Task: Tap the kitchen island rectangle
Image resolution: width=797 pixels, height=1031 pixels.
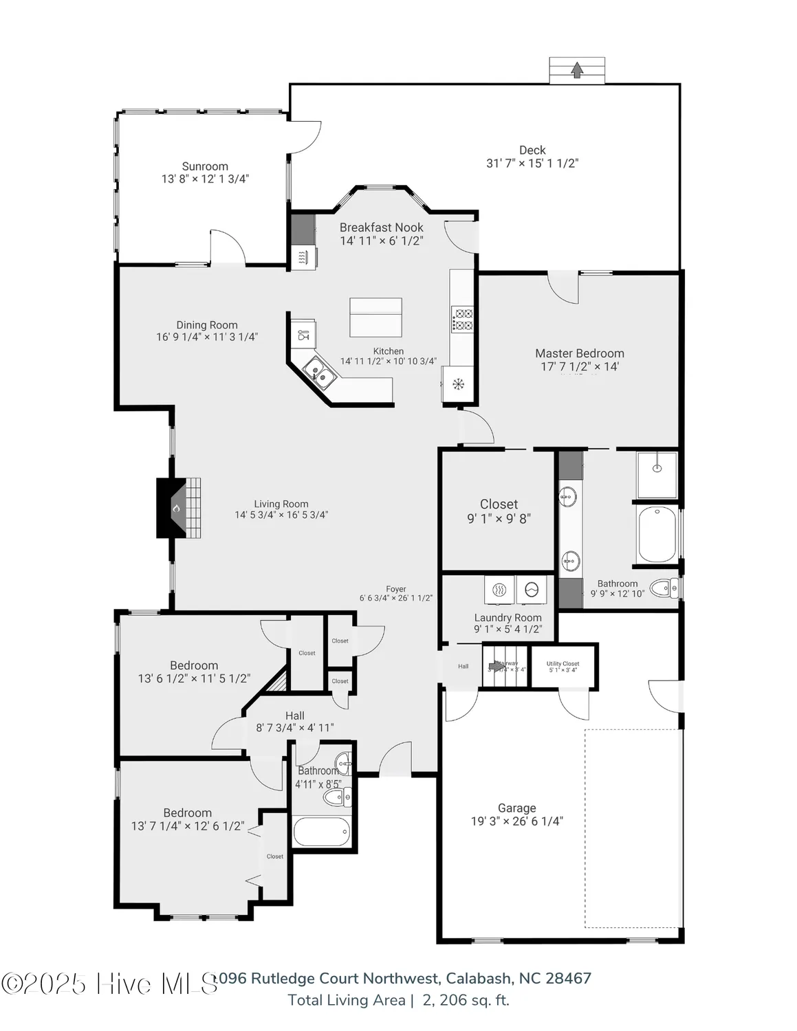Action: (x=375, y=317)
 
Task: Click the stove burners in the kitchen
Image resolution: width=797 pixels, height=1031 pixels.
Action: (x=461, y=319)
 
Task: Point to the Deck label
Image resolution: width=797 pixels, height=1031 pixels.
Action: (x=532, y=150)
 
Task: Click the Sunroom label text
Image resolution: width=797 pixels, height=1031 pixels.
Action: (x=205, y=166)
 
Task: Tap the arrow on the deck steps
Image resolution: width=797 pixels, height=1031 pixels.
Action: (x=577, y=69)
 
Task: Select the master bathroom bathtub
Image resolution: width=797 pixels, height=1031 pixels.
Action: (x=657, y=535)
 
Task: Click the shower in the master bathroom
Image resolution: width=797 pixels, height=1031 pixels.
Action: (x=657, y=474)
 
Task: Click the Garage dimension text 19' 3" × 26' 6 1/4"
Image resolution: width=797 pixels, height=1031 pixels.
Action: (x=516, y=821)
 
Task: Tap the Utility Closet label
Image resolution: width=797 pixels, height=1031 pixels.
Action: (x=563, y=664)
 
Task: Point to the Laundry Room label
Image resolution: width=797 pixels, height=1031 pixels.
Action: (x=507, y=617)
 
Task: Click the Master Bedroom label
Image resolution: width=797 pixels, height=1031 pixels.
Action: (x=580, y=353)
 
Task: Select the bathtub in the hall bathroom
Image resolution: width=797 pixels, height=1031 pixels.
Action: (x=321, y=832)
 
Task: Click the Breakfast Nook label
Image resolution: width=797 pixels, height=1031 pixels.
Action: (x=381, y=228)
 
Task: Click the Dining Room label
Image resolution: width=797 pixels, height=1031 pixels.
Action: (x=207, y=325)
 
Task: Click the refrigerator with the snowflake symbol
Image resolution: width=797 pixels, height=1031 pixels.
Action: (x=457, y=384)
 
